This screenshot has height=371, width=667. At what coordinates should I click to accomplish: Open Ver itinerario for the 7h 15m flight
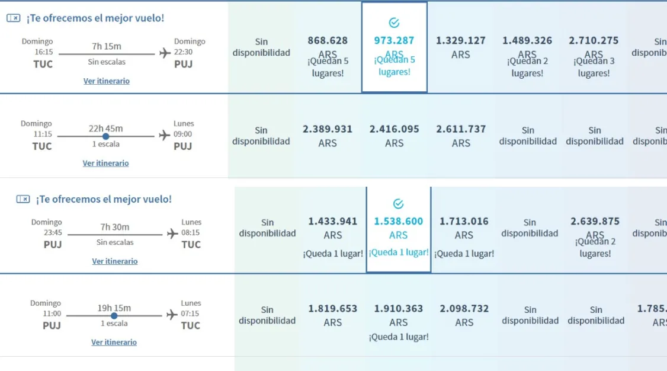[107, 81]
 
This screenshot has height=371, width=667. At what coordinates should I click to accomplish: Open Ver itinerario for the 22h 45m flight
[105, 164]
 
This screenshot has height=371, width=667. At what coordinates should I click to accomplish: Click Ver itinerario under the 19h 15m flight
[114, 343]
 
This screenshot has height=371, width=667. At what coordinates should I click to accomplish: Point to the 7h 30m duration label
[114, 227]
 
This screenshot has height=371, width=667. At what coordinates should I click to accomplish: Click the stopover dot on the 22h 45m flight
[106, 136]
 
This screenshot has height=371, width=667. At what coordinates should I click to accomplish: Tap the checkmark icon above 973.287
[394, 23]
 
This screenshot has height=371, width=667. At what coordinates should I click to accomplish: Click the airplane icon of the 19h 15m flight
[172, 315]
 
